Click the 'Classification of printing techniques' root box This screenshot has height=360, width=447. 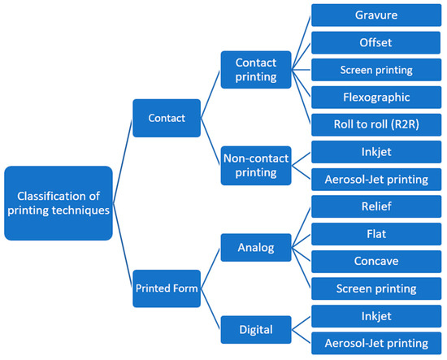tap(58, 203)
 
